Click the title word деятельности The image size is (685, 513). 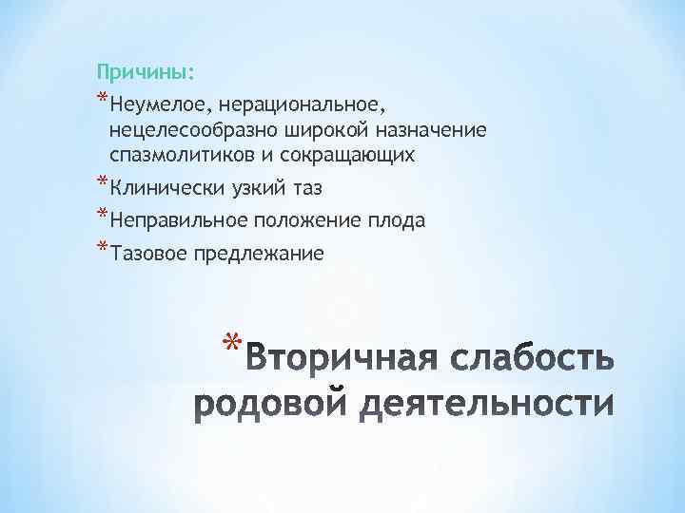[x=495, y=404]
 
